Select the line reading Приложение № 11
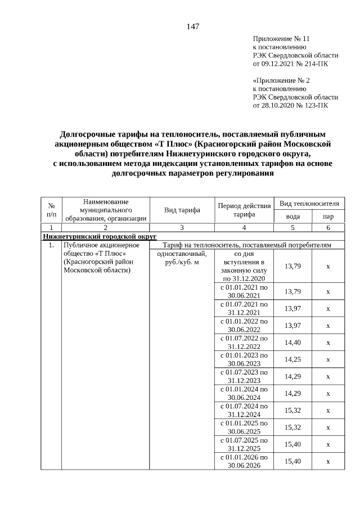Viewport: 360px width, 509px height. click(x=281, y=39)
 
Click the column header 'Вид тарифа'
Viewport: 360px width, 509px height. click(x=182, y=210)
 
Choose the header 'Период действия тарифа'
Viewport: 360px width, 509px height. click(x=244, y=210)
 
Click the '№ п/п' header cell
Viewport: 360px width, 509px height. click(x=51, y=210)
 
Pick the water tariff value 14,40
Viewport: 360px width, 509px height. click(x=292, y=342)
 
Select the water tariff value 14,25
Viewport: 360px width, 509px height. click(x=292, y=359)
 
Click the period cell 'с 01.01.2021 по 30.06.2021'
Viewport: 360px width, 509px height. click(x=244, y=291)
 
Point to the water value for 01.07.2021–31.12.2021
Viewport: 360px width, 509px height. click(x=292, y=308)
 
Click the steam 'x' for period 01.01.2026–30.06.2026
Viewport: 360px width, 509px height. click(x=327, y=461)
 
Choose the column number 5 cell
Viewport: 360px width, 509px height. click(x=292, y=227)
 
